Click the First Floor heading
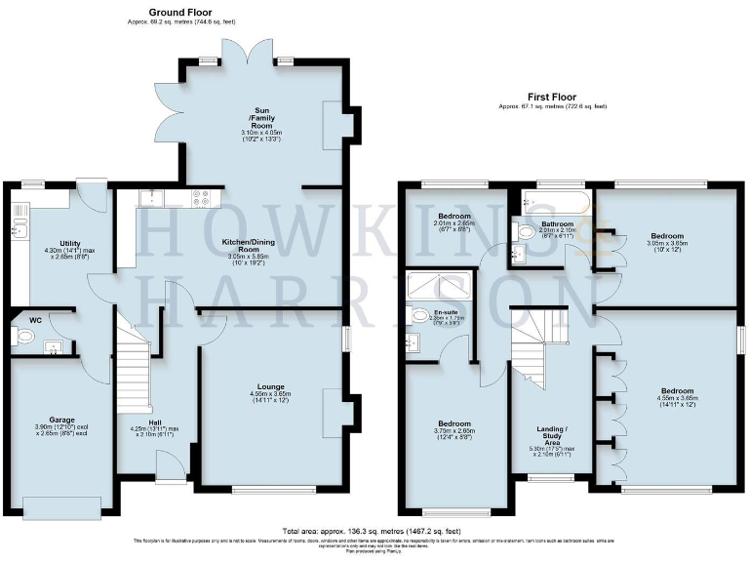tap(551, 98)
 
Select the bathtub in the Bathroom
tap(551, 204)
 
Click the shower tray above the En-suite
tap(438, 285)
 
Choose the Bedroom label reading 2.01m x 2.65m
tap(454, 216)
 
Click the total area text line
tap(374, 527)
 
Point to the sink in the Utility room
tap(19, 230)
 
